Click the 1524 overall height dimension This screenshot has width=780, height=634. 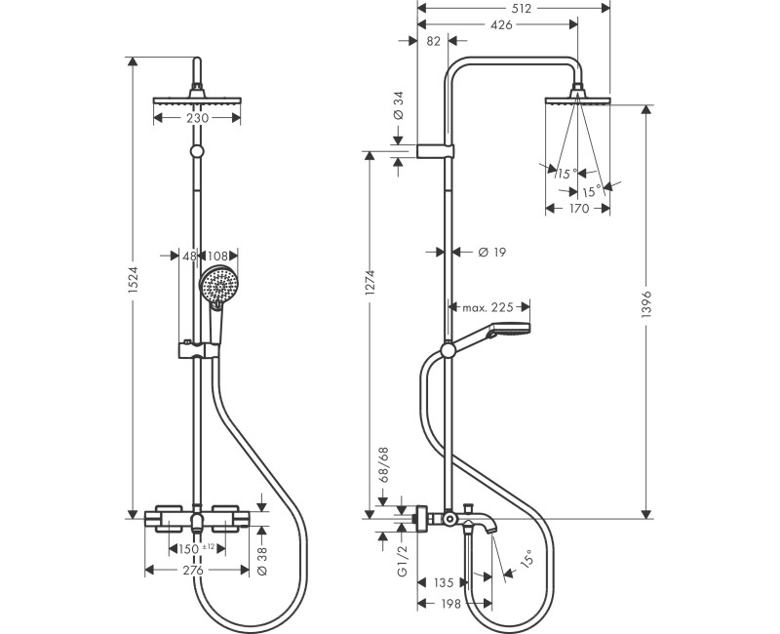(133, 287)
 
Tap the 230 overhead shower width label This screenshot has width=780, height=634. (197, 118)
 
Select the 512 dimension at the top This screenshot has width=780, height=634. (521, 8)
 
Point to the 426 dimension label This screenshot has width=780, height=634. (501, 24)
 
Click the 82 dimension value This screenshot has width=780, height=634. (433, 41)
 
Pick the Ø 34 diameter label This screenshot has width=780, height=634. (399, 105)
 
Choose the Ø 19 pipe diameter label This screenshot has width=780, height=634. (492, 253)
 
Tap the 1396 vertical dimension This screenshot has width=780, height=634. (646, 304)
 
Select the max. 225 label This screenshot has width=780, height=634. (487, 307)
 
